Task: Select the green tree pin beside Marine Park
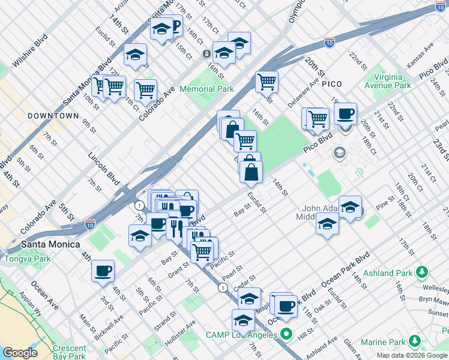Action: click(414, 341)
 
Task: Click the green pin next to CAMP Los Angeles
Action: click(287, 334)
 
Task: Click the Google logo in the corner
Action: click(20, 353)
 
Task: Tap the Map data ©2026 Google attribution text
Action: click(412, 355)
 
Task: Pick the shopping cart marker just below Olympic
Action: click(267, 81)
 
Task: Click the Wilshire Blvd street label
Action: click(30, 57)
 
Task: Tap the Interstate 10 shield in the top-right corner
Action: click(442, 7)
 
